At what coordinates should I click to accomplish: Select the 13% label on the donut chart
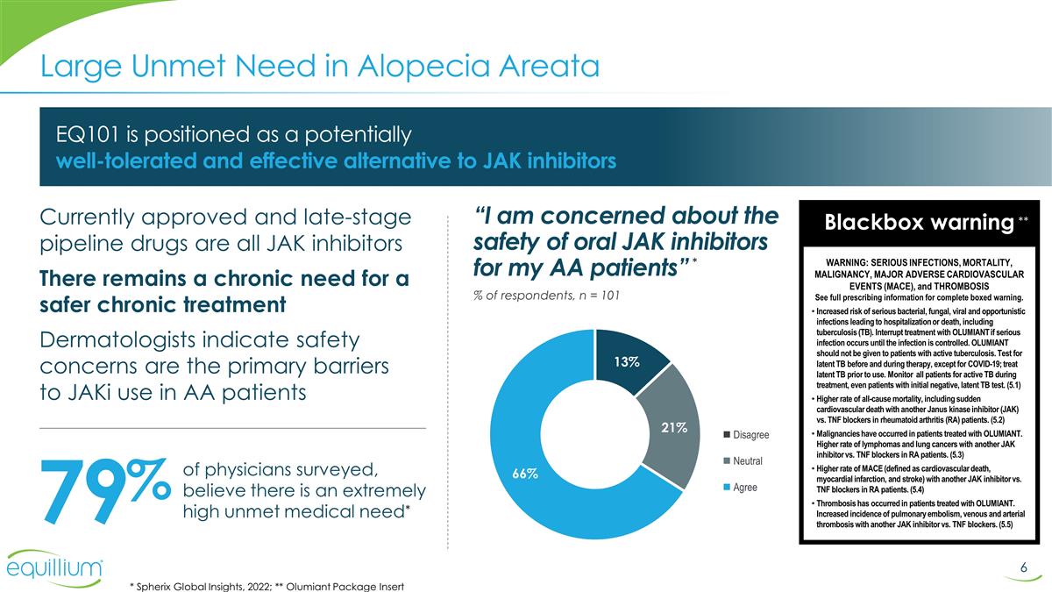tap(626, 361)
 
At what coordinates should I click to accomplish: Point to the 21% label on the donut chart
tap(674, 427)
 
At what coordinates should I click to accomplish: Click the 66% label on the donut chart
tap(525, 474)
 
